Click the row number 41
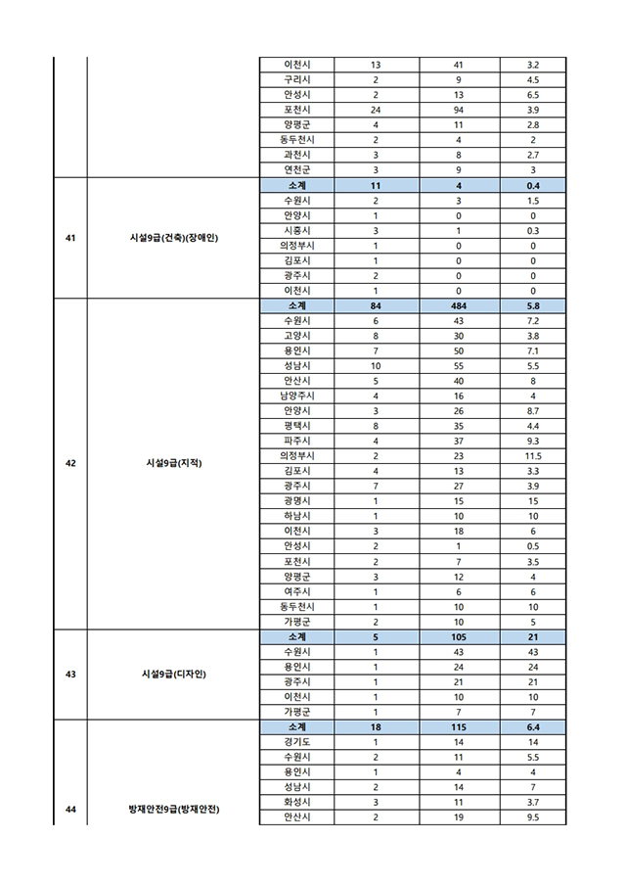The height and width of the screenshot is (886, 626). pyautogui.click(x=70, y=237)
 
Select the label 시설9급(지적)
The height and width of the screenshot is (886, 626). pyautogui.click(x=172, y=463)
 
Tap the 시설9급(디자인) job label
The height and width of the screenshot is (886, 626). pyautogui.click(x=172, y=674)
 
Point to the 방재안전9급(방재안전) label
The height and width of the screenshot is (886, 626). pyautogui.click(x=173, y=810)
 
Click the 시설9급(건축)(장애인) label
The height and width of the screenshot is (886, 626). pyautogui.click(x=172, y=237)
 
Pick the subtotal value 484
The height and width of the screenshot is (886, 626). pyautogui.click(x=459, y=305)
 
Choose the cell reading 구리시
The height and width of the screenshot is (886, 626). pyautogui.click(x=297, y=79)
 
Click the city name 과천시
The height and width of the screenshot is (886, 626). pyautogui.click(x=297, y=155)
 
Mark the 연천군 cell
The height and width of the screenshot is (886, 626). pyautogui.click(x=297, y=169)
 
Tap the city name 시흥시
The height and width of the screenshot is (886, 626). pyautogui.click(x=297, y=230)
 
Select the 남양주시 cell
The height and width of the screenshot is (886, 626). pyautogui.click(x=297, y=396)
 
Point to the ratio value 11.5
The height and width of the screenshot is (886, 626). pyautogui.click(x=533, y=455)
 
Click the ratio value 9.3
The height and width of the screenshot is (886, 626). pyautogui.click(x=533, y=441)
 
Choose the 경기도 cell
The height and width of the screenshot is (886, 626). pyautogui.click(x=297, y=742)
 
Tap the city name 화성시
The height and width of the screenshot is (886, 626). pyautogui.click(x=297, y=802)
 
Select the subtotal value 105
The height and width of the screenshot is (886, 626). pyautogui.click(x=459, y=636)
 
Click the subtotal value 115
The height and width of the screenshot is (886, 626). pyautogui.click(x=459, y=726)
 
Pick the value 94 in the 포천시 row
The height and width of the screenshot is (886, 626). pyautogui.click(x=459, y=110)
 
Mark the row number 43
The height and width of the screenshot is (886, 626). pyautogui.click(x=70, y=674)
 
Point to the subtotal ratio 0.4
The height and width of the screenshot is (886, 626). pyautogui.click(x=533, y=185)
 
